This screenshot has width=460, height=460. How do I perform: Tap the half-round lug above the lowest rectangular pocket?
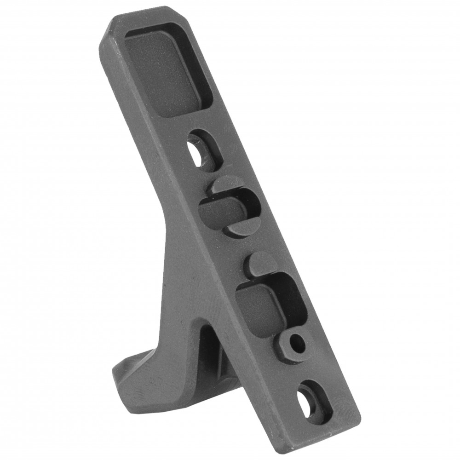(260, 264)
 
